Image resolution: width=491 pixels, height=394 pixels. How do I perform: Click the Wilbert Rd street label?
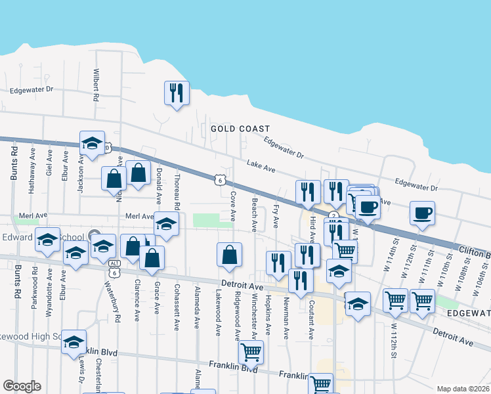click(96, 85)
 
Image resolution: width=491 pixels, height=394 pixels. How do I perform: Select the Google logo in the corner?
click(22, 386)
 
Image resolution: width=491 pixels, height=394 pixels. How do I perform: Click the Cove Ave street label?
click(233, 206)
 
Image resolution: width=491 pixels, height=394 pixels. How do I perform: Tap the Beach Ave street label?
click(254, 215)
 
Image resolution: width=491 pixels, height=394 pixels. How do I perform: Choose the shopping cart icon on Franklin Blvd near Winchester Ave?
click(251, 351)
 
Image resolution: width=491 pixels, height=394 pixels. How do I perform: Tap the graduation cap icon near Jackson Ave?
click(93, 142)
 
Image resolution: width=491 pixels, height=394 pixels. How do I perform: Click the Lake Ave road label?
click(260, 164)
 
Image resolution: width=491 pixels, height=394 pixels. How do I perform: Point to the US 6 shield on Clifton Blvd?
click(219, 179)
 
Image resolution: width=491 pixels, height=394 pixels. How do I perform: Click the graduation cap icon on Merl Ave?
click(167, 223)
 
